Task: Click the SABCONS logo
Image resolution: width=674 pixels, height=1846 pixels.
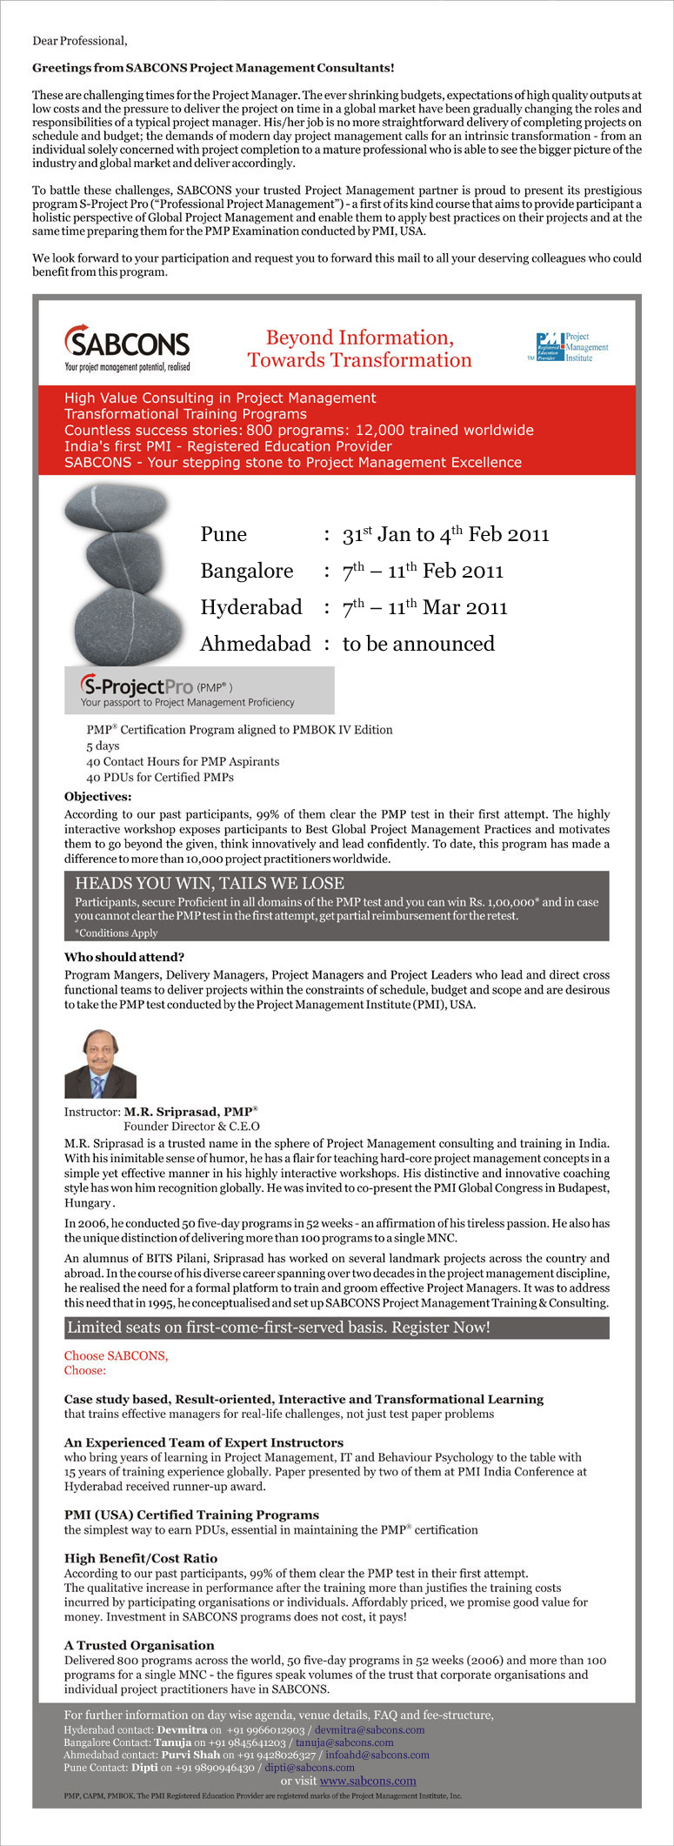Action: [127, 347]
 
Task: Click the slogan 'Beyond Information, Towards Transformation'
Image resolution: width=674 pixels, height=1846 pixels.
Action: [359, 349]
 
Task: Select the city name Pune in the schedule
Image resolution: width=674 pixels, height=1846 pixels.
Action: [224, 534]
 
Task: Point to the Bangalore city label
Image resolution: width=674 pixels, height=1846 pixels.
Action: [247, 571]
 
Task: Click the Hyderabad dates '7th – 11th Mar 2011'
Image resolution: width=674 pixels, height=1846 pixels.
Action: [424, 607]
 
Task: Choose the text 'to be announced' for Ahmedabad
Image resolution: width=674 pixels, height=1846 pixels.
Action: [418, 644]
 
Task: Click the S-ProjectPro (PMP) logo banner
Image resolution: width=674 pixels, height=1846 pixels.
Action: [199, 690]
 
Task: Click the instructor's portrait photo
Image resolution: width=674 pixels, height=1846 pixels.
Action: [100, 1063]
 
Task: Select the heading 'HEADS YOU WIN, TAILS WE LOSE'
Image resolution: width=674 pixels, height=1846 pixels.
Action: [210, 883]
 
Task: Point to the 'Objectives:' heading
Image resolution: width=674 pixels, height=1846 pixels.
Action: [98, 796]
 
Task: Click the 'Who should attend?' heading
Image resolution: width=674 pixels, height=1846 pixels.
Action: [124, 957]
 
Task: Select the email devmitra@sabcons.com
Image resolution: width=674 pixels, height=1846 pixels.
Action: [370, 1729]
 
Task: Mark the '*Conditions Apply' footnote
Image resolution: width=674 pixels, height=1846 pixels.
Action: [117, 933]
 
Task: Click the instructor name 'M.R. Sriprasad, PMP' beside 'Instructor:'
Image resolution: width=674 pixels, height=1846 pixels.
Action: [190, 1112]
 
